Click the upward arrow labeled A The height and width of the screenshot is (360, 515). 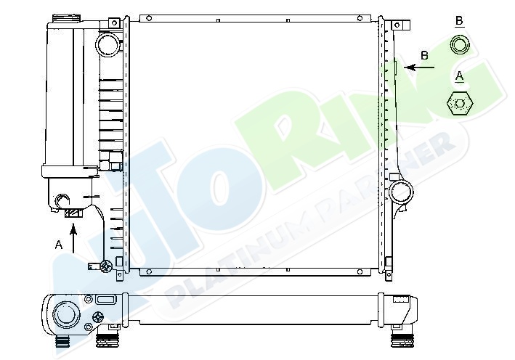[73, 239]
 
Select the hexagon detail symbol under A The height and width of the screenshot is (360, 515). [460, 103]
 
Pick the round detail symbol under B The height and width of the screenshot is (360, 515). [460, 44]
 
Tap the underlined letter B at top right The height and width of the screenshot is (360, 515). [459, 20]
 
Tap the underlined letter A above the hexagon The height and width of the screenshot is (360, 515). [460, 76]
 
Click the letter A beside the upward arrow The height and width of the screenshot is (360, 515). [58, 245]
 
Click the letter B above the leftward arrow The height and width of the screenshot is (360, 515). [424, 55]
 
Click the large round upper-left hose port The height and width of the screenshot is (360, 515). [108, 44]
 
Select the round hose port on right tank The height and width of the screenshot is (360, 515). [401, 192]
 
